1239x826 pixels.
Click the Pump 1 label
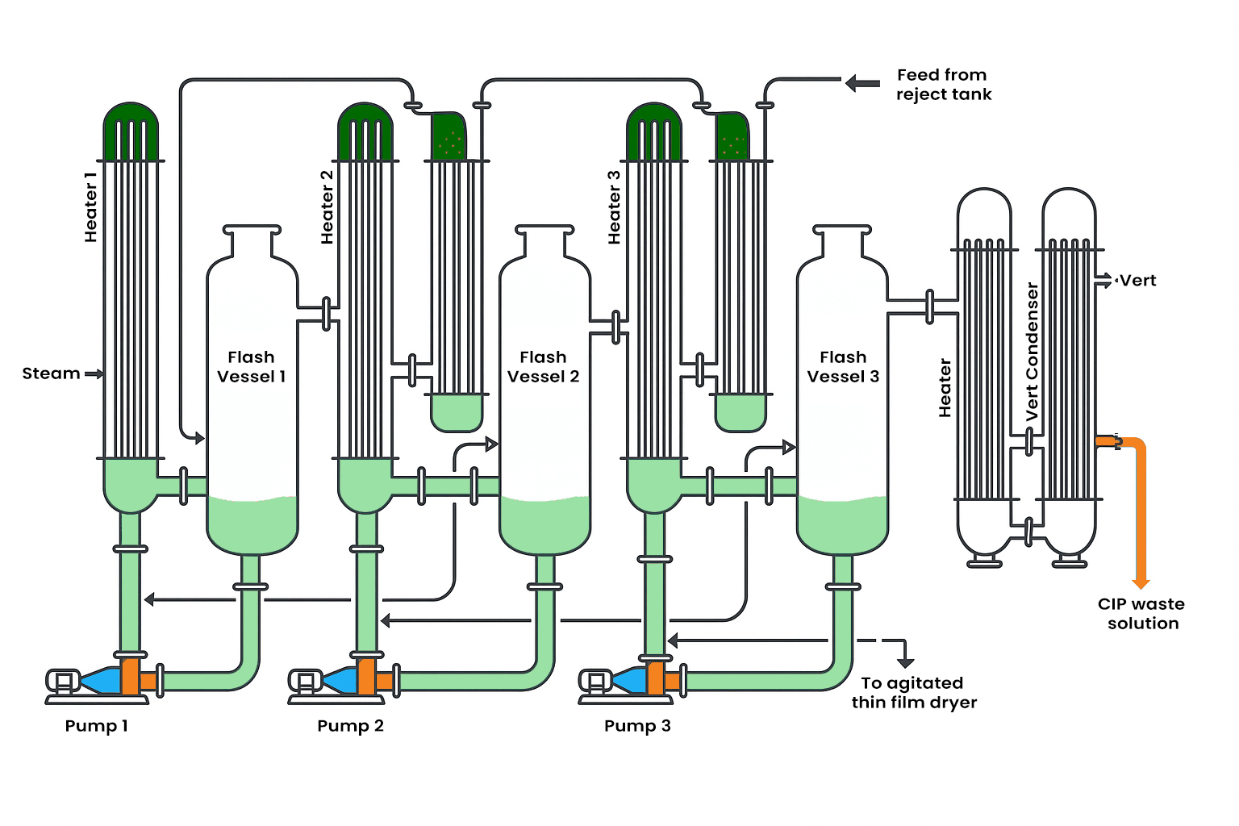coord(96,726)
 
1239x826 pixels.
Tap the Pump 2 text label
coord(350,726)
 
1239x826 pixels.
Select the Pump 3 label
coord(637,726)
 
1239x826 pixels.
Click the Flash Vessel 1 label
coord(251,367)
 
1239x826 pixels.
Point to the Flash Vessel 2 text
coord(543,367)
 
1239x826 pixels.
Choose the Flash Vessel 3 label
coord(843,367)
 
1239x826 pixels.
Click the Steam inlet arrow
coord(94,373)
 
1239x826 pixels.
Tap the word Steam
coord(51,373)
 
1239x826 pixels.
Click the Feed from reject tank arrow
coord(862,83)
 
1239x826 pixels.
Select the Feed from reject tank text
coord(943,85)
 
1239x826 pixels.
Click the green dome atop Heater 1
coord(131,129)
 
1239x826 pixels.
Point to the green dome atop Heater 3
coord(654,129)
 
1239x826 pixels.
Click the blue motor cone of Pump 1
coord(101,680)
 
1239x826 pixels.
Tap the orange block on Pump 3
coord(655,678)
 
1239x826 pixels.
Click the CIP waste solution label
coord(1141,614)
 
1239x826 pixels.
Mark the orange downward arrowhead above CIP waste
coord(1141,583)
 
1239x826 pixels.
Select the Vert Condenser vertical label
coord(1032,352)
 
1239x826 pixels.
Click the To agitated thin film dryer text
coord(914,693)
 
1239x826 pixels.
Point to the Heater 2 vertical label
coord(327,207)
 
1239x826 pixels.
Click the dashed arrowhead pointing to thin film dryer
coord(906,662)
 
